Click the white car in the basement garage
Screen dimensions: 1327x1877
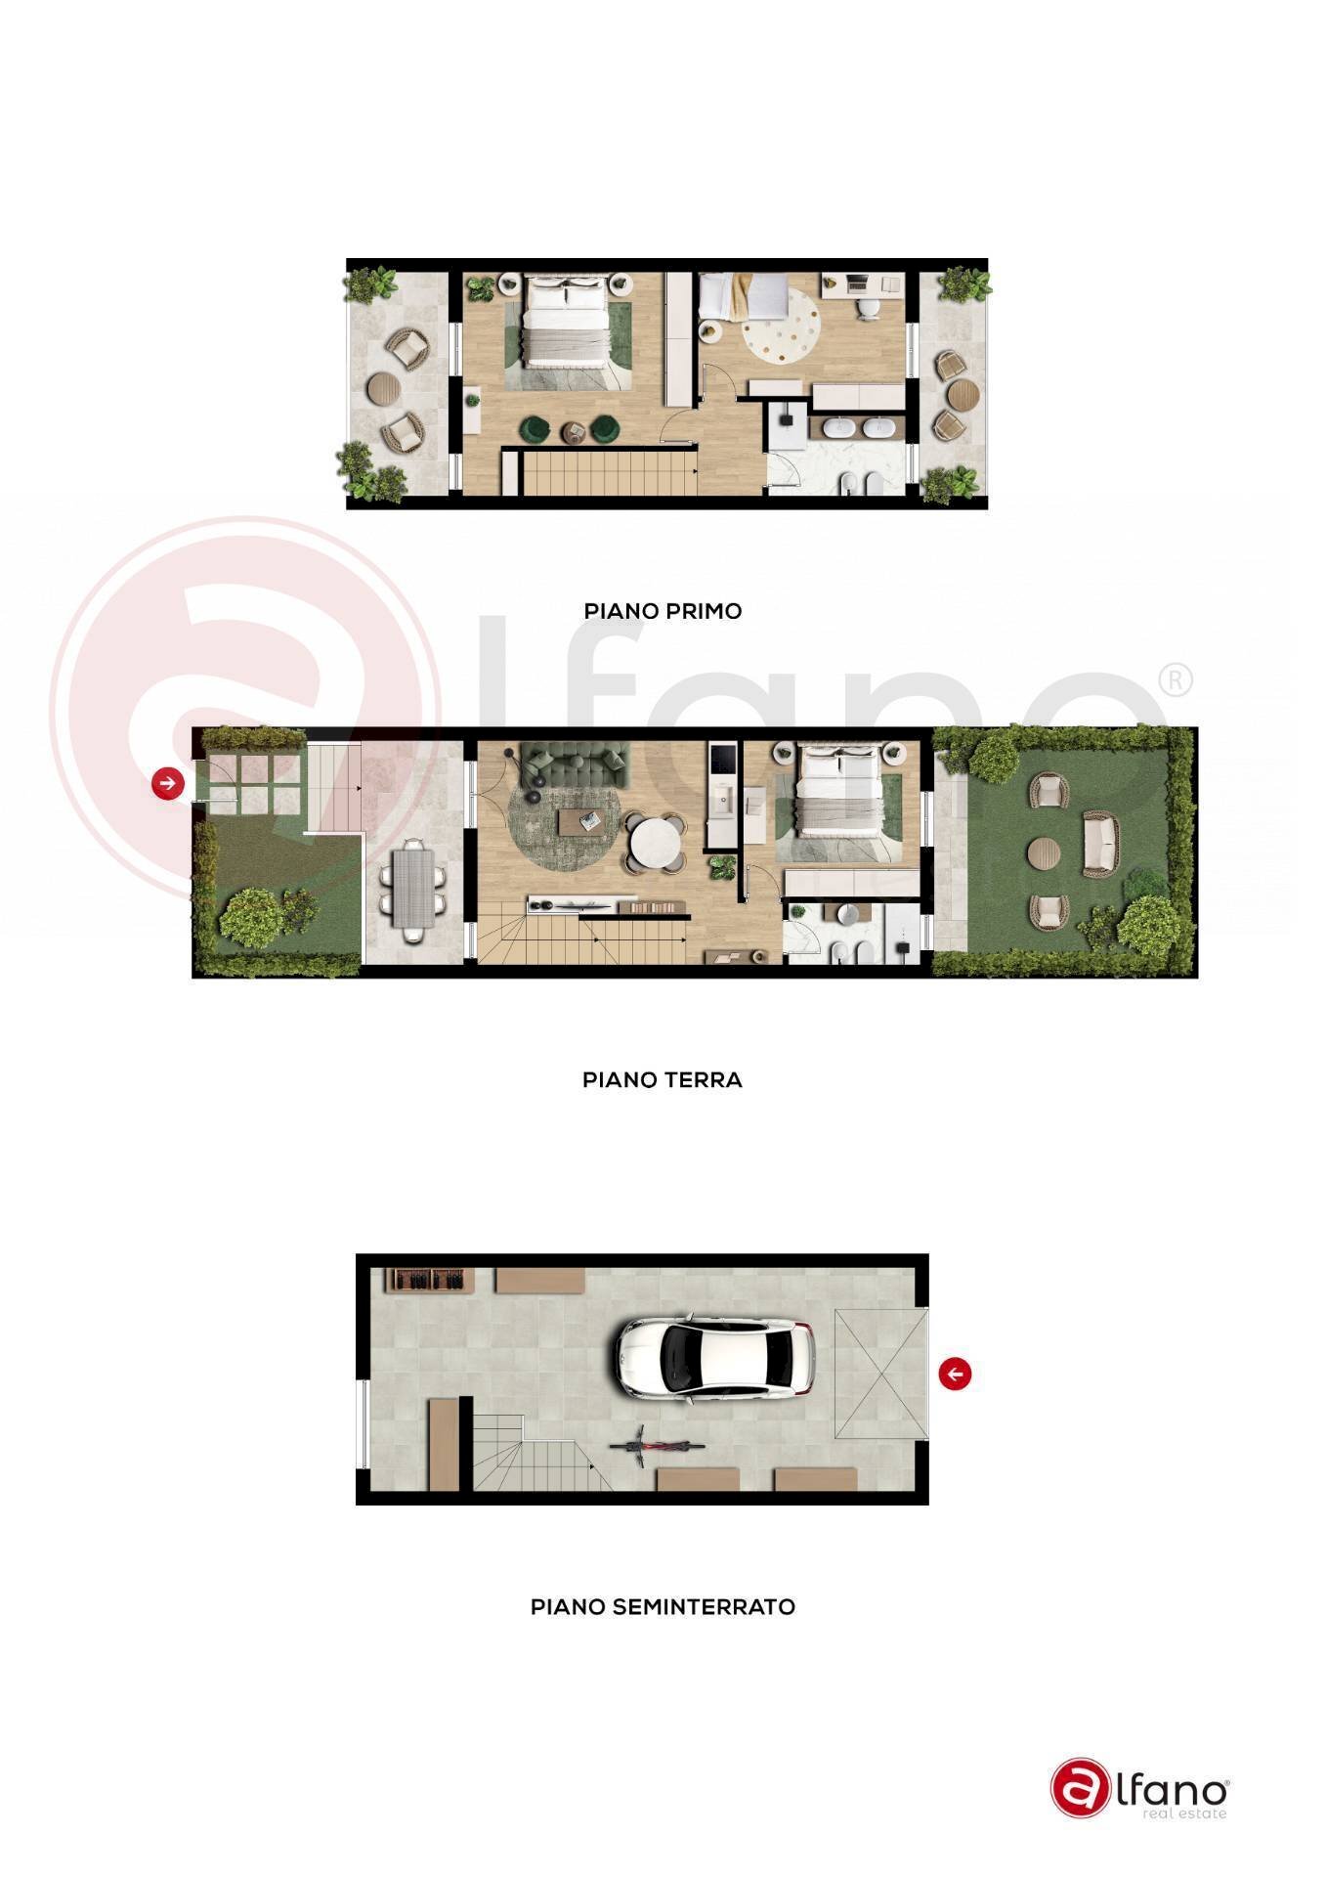click(x=714, y=1357)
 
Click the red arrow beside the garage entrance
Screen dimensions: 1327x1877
click(x=955, y=1374)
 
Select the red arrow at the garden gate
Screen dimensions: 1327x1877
click(x=168, y=783)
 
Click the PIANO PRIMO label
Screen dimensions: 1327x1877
click(x=663, y=611)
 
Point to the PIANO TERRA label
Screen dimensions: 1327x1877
click(x=663, y=1080)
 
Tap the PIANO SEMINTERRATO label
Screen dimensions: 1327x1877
click(x=663, y=1607)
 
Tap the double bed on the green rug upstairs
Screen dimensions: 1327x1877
click(x=568, y=324)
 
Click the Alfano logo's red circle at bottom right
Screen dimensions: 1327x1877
click(x=1081, y=1788)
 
